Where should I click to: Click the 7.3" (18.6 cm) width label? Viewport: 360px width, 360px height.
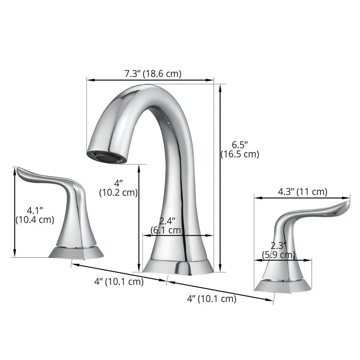click(x=153, y=74)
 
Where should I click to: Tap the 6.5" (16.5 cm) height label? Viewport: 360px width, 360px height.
click(x=240, y=149)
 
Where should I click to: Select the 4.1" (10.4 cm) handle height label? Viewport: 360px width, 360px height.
click(x=35, y=215)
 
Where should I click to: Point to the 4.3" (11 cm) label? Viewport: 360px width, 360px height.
click(x=302, y=192)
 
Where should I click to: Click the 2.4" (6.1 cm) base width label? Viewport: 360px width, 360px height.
click(x=167, y=225)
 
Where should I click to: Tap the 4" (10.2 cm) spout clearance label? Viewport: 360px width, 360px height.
click(x=118, y=188)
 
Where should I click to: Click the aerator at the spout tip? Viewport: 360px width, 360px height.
click(x=107, y=157)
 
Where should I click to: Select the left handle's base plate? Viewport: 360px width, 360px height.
click(x=76, y=252)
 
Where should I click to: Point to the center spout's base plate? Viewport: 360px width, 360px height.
click(x=178, y=266)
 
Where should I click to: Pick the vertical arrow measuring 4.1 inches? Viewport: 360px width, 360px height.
click(x=15, y=212)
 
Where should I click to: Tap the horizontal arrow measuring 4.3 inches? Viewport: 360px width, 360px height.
click(x=302, y=198)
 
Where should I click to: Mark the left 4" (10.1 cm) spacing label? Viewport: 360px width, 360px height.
click(x=119, y=282)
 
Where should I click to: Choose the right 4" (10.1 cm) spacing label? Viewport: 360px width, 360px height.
click(x=212, y=298)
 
